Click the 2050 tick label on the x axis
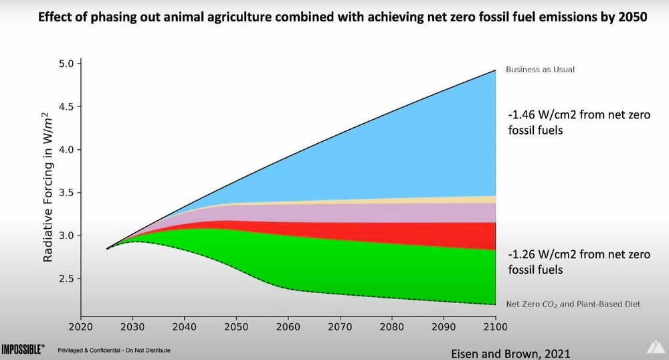tap(236, 328)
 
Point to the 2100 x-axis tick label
tap(495, 328)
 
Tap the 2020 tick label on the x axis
tap(81, 328)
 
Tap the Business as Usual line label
tap(540, 70)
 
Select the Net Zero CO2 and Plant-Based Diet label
tap(573, 304)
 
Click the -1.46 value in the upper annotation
tap(522, 115)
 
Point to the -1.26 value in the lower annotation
tap(522, 254)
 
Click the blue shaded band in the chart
tap(401, 147)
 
